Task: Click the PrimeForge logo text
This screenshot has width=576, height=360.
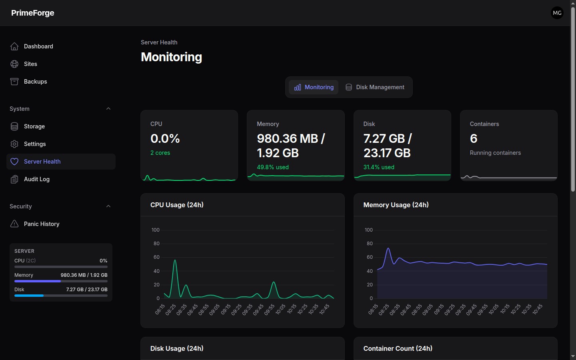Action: (33, 13)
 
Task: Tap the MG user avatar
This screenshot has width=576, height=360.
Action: (557, 13)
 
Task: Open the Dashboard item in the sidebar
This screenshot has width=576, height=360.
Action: (38, 46)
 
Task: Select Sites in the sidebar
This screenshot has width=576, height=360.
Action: (30, 64)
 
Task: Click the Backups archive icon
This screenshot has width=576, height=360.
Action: (14, 82)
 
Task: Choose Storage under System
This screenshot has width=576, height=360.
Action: (34, 126)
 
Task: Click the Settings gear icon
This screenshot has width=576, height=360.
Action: (14, 144)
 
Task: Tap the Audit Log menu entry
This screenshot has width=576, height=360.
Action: (36, 179)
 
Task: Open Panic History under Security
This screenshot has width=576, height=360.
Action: (42, 224)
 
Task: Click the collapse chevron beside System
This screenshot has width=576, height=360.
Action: (108, 108)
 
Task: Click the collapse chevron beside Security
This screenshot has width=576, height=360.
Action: (108, 206)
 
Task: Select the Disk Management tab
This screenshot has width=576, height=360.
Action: (375, 87)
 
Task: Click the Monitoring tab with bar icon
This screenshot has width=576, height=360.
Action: (314, 87)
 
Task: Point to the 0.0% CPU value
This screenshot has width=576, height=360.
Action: (165, 138)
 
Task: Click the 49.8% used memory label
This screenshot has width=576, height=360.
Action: (272, 167)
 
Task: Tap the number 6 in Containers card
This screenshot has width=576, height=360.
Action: (474, 138)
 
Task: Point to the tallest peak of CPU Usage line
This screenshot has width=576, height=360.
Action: (175, 260)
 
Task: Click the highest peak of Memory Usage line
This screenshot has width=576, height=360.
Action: (388, 248)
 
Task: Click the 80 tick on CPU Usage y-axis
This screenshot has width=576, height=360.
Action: (156, 244)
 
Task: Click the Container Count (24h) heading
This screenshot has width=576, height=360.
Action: (398, 348)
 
